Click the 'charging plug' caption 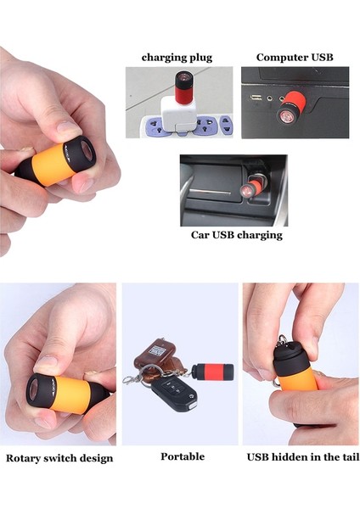[177, 58]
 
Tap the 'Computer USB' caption [295, 58]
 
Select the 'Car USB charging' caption [236, 235]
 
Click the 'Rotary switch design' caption [59, 458]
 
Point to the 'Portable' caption [183, 456]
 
